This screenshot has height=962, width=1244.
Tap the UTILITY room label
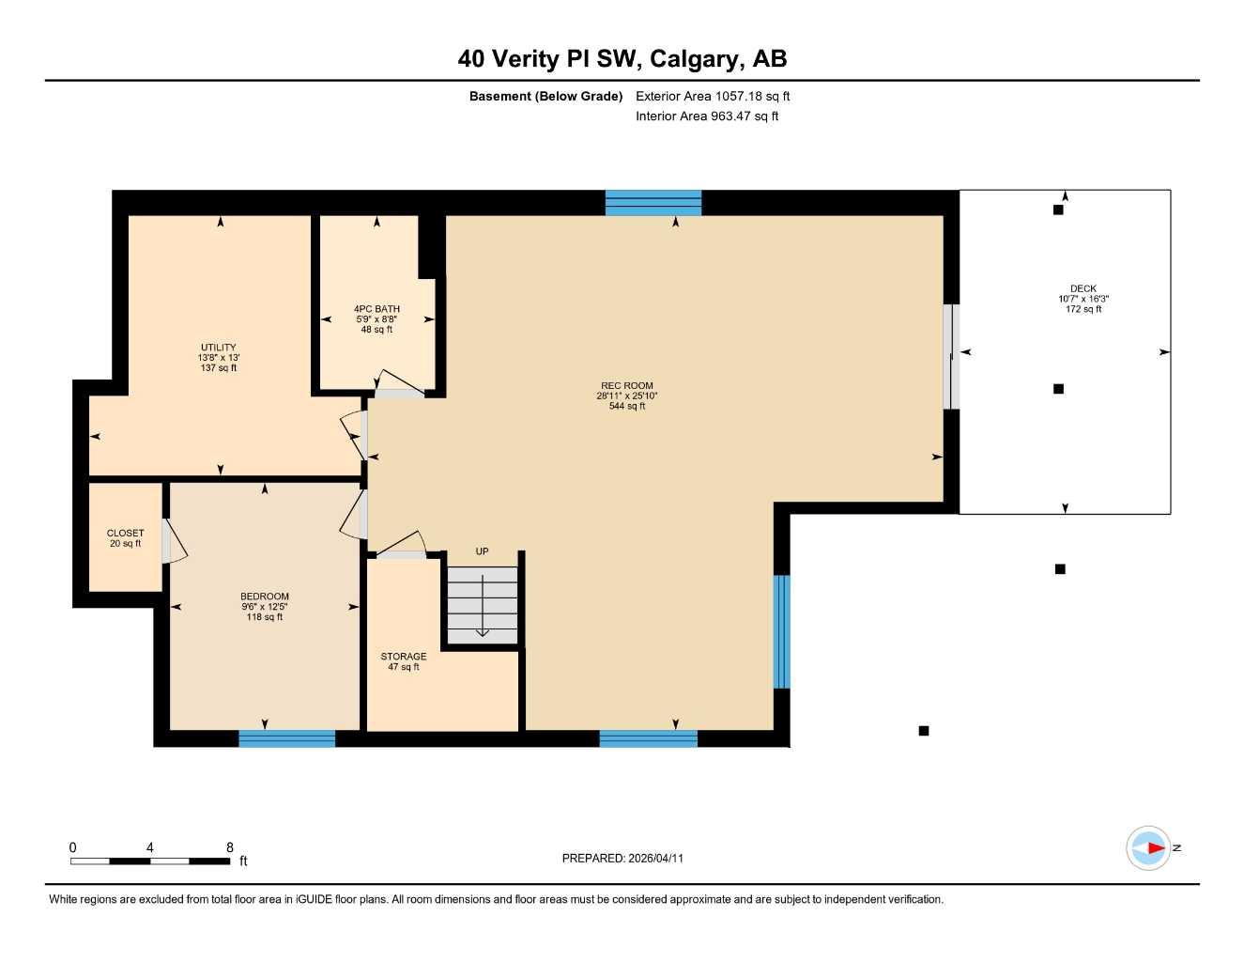219,348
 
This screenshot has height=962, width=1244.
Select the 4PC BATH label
376,309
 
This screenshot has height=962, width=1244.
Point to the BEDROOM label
265,597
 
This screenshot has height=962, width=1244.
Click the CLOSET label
125,534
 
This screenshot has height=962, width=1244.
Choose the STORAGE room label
404,657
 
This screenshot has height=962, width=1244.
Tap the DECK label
1083,289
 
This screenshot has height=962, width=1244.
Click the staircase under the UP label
482,606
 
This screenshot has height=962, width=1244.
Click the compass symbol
1149,848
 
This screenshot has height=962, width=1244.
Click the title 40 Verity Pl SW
622,59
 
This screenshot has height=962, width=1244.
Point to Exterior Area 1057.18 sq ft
713,96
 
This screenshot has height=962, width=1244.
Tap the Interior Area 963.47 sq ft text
707,116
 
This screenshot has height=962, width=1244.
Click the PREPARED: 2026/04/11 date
622,858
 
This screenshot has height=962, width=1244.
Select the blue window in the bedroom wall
286,738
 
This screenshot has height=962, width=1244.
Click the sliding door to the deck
951,357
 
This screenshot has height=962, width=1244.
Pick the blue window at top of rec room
653,203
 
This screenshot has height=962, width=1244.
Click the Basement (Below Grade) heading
545,96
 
